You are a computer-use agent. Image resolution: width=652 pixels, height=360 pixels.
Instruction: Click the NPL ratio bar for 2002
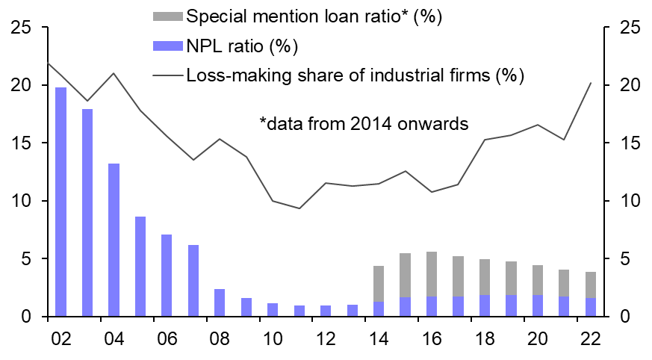click(61, 202)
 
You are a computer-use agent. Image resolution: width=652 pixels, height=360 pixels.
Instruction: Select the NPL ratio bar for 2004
click(114, 240)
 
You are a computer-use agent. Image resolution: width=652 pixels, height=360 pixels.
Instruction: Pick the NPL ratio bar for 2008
click(220, 302)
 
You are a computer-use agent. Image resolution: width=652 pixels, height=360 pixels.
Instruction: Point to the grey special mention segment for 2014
click(379, 284)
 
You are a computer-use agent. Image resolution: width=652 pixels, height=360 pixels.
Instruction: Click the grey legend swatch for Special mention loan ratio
click(164, 16)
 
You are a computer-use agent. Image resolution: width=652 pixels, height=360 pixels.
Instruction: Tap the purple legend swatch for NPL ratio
click(164, 46)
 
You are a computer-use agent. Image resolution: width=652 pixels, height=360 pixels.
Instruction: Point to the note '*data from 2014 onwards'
click(364, 124)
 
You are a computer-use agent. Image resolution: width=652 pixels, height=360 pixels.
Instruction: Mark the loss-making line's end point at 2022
click(591, 83)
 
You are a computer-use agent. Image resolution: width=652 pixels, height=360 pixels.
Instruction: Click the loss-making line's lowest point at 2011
click(299, 208)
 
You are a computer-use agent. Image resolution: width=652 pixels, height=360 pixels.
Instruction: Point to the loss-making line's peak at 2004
click(114, 73)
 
